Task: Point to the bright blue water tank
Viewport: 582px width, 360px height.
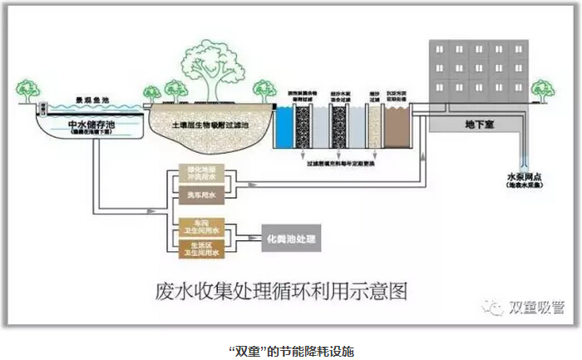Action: (x=284, y=131)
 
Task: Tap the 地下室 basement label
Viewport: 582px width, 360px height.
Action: (x=481, y=124)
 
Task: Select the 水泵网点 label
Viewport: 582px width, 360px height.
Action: (x=525, y=176)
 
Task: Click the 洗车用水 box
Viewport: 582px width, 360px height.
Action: (x=197, y=195)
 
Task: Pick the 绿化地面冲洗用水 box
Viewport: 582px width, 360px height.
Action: (x=197, y=175)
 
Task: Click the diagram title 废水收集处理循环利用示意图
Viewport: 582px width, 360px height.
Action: (x=283, y=292)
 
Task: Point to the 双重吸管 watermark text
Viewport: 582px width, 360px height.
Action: (x=535, y=307)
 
